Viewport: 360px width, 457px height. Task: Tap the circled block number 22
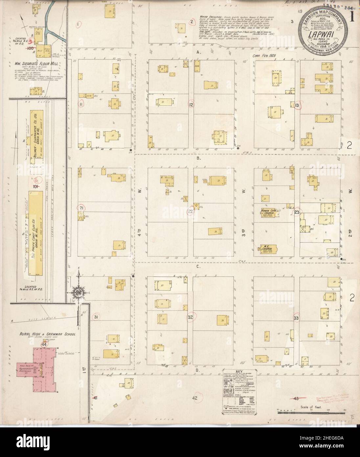pyautogui.click(x=181, y=212)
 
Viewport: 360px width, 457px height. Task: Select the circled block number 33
pyautogui.click(x=296, y=318)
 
